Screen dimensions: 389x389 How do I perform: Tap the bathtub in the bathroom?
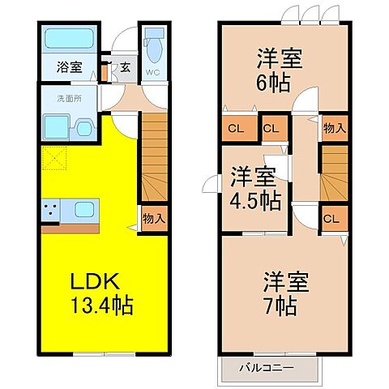pos(67,41)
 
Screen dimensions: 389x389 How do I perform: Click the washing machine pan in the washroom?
pos(56,126)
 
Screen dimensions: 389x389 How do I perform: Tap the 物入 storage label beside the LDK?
pos(154,218)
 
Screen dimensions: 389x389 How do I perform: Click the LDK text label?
pos(94,283)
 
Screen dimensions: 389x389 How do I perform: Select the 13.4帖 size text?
pos(100,307)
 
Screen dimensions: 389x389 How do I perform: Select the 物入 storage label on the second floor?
pos(333,127)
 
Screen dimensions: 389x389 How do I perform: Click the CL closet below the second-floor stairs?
pos(331,217)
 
